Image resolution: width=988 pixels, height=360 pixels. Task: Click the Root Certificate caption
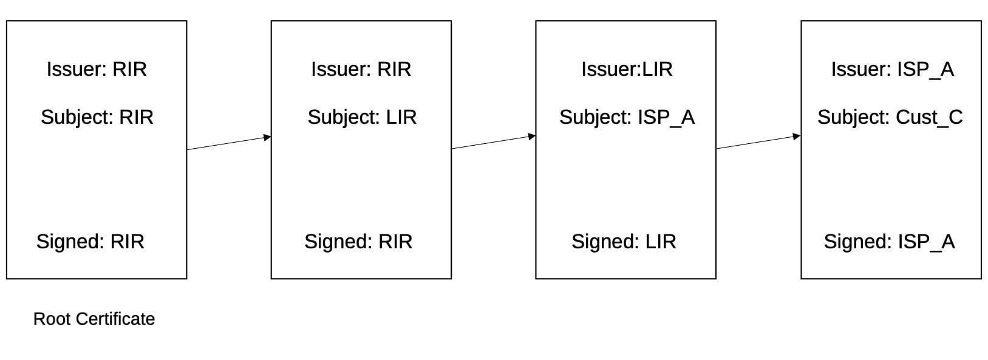94,319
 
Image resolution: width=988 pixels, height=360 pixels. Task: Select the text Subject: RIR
97,117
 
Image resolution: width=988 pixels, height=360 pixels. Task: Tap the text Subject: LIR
362,117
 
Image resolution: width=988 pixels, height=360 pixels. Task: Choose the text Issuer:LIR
627,69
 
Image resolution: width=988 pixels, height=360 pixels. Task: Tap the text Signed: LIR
624,242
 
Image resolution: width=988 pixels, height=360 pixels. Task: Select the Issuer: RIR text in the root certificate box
97,69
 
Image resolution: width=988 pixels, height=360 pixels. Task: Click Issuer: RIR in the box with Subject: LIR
361,69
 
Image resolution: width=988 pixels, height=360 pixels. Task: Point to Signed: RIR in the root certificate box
90,242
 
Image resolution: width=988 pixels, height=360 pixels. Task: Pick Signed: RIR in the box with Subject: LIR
359,242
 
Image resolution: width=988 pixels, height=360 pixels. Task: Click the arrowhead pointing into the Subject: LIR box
267,137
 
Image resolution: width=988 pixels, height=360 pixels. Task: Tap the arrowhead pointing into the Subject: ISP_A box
532,137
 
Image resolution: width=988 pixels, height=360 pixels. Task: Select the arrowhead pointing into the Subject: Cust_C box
797,137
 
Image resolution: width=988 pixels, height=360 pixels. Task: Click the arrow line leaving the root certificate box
229,143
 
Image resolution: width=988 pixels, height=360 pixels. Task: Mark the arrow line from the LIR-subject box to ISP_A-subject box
494,143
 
